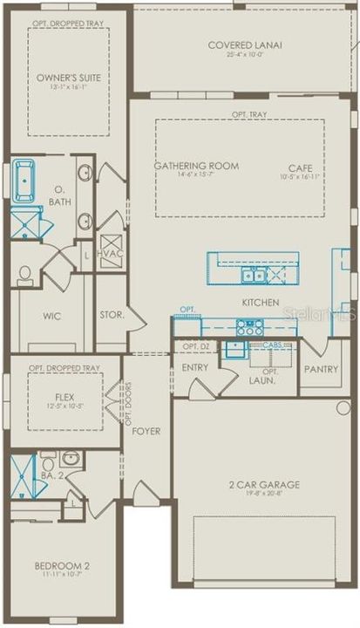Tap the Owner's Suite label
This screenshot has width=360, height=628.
68,78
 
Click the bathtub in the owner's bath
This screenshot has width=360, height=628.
24,181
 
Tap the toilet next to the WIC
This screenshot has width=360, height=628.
25,276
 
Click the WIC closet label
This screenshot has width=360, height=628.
51,316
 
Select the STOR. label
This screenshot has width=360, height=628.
112,314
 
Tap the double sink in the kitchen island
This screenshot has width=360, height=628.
254,276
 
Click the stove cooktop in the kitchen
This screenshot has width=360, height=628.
250,328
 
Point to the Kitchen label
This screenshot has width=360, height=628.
261,303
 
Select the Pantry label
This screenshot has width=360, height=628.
320,369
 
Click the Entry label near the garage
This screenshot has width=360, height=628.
194,367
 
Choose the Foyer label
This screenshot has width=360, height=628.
146,431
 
